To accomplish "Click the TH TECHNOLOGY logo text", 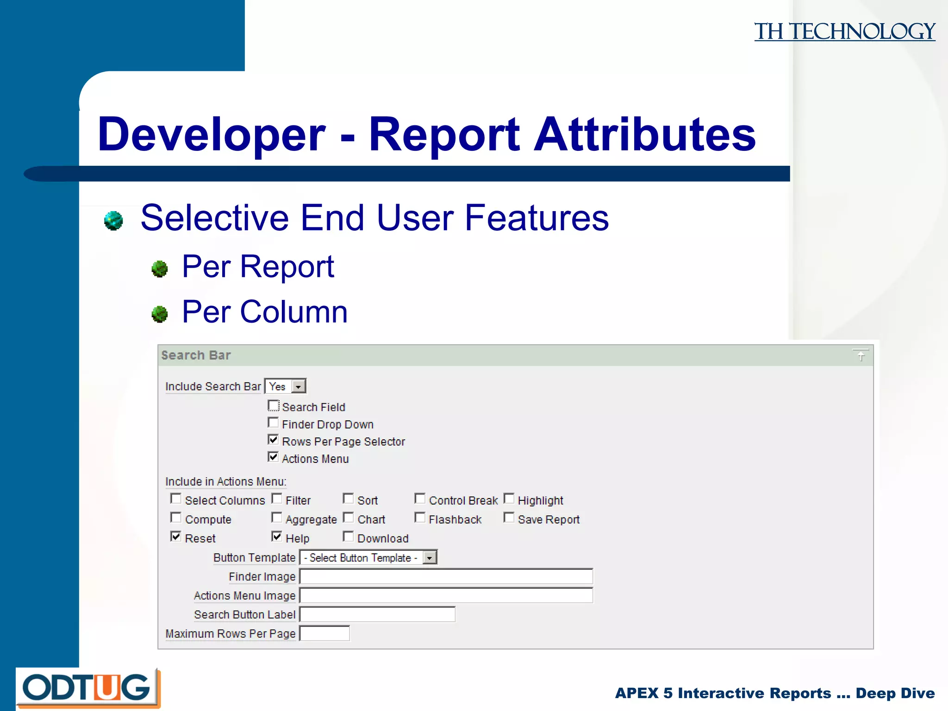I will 844,31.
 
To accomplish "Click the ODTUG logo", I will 87,687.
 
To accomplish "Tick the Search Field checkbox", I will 274,406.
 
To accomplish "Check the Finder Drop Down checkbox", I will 274,423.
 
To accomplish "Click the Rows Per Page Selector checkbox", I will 274,440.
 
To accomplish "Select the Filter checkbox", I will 277,499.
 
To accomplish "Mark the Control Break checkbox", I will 420,499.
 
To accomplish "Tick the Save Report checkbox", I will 509,518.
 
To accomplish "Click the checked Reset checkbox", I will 176,537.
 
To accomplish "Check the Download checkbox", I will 349,537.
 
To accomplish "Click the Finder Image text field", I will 446,577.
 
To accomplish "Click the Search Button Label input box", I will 377,615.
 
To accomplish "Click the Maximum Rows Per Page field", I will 324,634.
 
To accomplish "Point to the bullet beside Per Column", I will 160,314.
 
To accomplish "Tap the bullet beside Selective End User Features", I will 113,220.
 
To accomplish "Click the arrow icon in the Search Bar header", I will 861,355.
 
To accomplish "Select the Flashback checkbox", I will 420,518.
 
